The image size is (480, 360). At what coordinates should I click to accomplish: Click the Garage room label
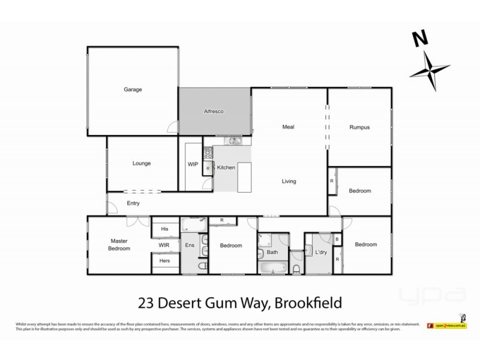(133, 89)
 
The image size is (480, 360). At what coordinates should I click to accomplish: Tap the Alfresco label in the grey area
(214, 112)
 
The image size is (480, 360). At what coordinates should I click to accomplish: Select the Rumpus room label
(359, 127)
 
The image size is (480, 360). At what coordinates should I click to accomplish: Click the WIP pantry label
(193, 163)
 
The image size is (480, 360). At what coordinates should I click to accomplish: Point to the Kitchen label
(226, 167)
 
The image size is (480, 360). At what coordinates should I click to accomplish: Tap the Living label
(289, 181)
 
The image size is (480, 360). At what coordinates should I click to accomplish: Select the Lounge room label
(142, 163)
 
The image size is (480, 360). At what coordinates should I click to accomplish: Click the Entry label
(133, 203)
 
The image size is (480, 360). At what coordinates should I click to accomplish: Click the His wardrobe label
(164, 229)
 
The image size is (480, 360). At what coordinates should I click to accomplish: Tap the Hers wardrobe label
(164, 262)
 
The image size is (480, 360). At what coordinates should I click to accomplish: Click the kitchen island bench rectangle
(245, 177)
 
